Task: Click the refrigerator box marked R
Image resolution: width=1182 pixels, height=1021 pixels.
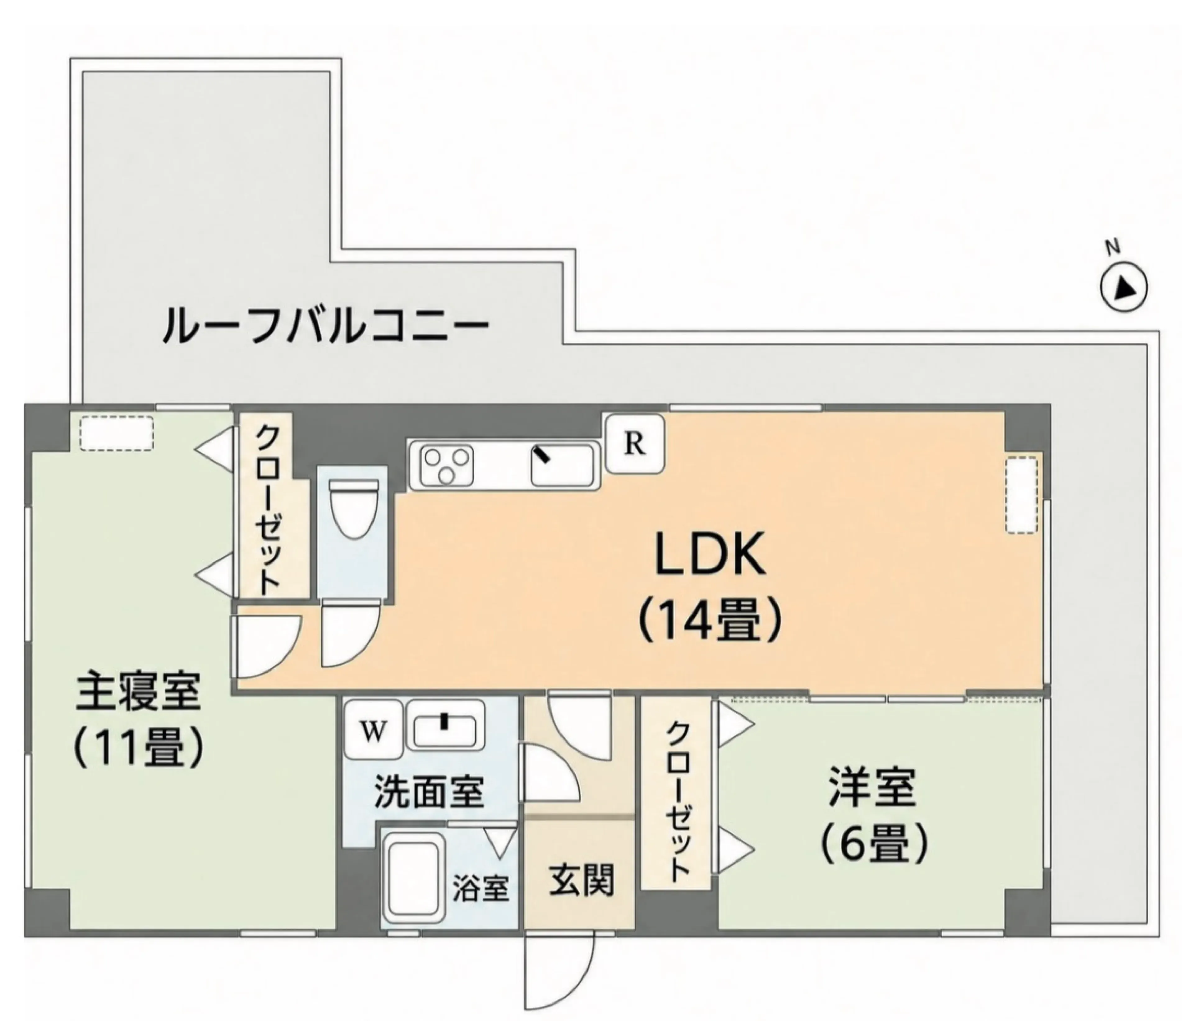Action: (635, 444)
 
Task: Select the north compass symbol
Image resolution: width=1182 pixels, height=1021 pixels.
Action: (1123, 285)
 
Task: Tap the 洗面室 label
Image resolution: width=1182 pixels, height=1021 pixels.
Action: (429, 792)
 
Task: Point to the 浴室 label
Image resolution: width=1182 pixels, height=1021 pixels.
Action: (481, 887)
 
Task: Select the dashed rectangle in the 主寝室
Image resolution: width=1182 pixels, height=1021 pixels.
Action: (116, 433)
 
